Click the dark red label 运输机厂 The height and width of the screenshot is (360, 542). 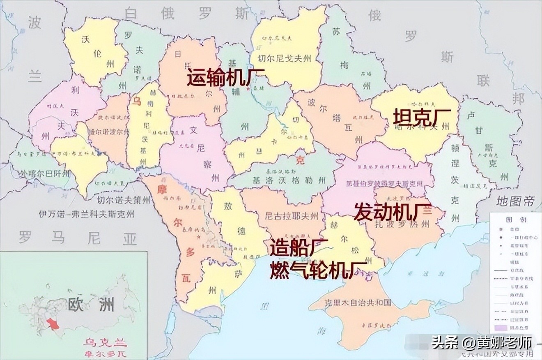pyautogui.click(x=226, y=78)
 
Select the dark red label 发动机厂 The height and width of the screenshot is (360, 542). pyautogui.click(x=392, y=211)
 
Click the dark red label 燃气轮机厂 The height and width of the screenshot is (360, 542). pyautogui.click(x=318, y=270)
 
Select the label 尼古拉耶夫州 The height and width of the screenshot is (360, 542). pyautogui.click(x=292, y=215)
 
